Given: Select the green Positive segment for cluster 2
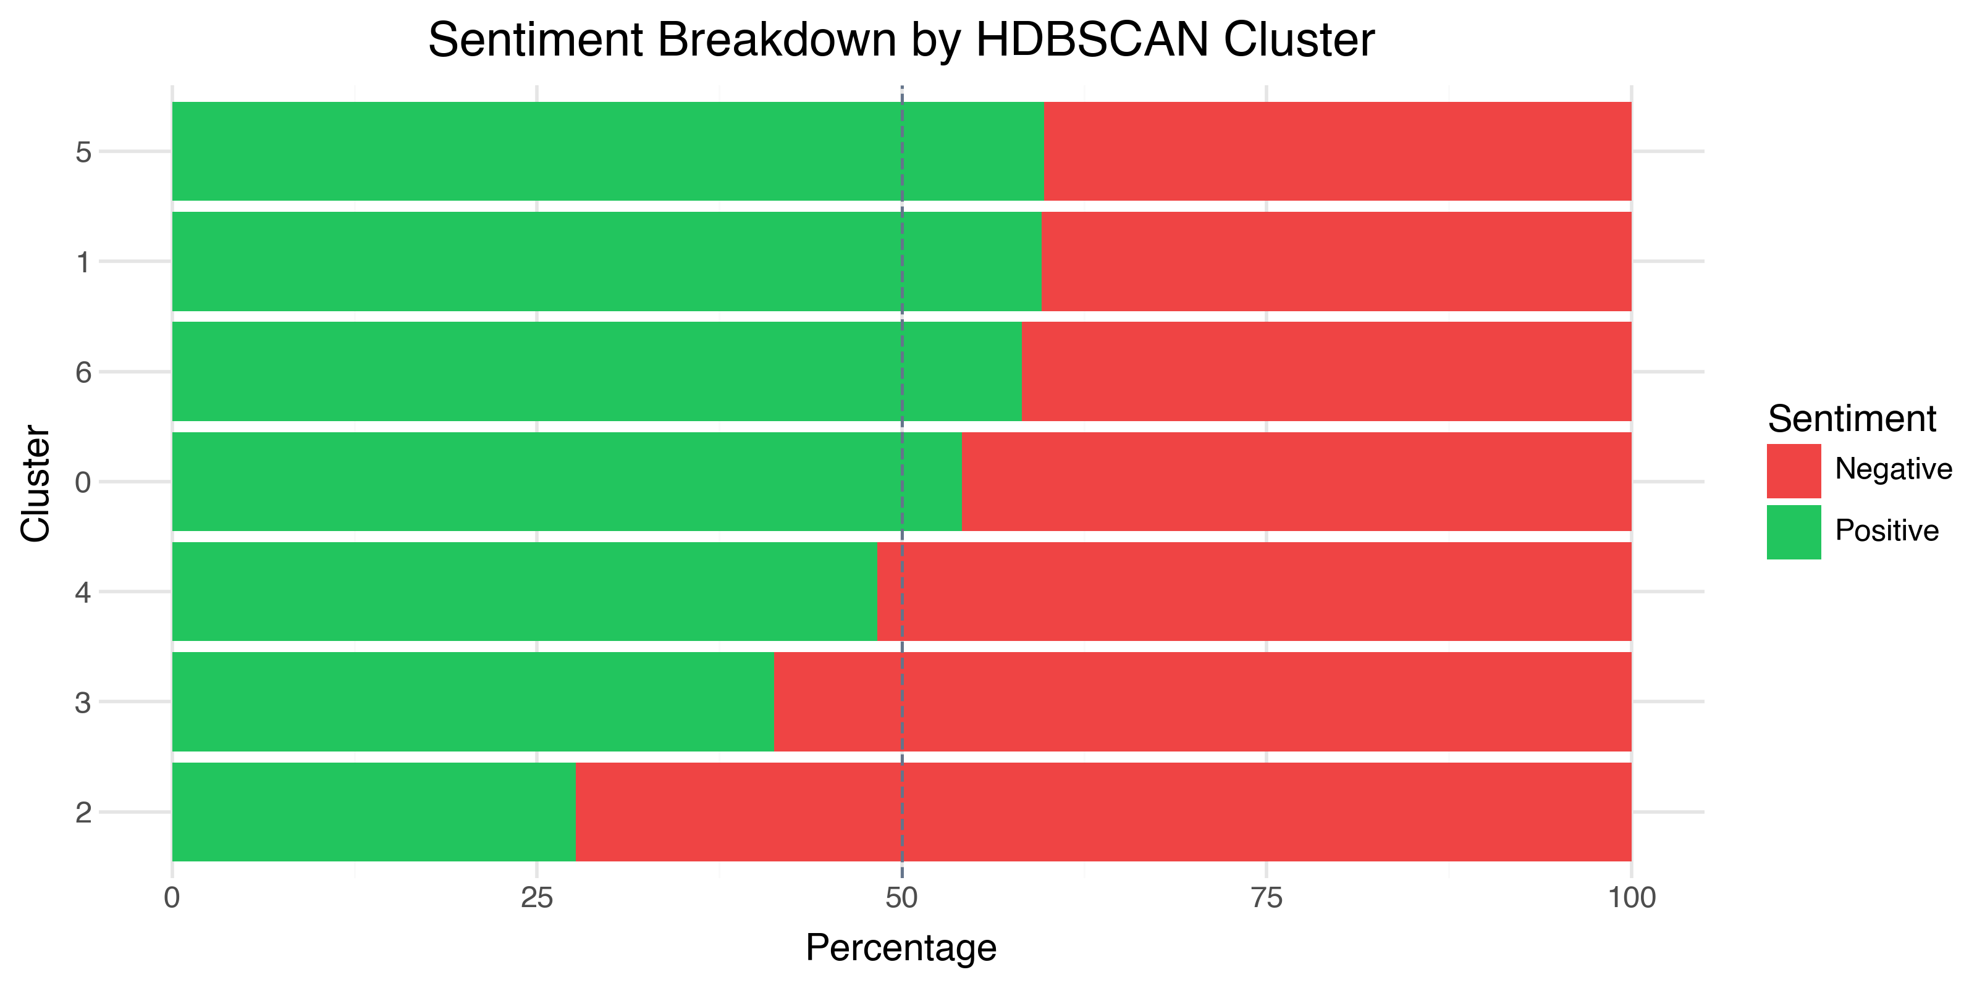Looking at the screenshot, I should pos(373,811).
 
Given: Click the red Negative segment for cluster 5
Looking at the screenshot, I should pos(1337,151).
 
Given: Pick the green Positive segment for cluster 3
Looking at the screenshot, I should pos(473,701).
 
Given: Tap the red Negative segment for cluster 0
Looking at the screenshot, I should pos(1296,482).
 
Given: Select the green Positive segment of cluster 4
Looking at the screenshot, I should pos(524,592).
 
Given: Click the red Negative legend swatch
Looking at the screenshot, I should pos(1793,470).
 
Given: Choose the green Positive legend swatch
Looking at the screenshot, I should pos(1793,532).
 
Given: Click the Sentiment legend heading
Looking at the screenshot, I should pos(1851,419).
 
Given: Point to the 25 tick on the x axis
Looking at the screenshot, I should pos(536,897).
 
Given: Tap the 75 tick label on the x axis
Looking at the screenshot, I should pos(1265,897).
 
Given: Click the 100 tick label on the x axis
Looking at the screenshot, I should pos(1631,897).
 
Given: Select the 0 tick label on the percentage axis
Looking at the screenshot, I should pos(172,897).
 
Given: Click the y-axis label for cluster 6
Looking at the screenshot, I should pos(83,373).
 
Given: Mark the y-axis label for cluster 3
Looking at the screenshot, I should pos(83,703).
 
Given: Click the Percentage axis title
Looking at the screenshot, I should pos(901,948).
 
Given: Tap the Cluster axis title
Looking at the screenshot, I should pos(35,484).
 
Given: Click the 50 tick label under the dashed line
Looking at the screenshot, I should pos(901,897).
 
